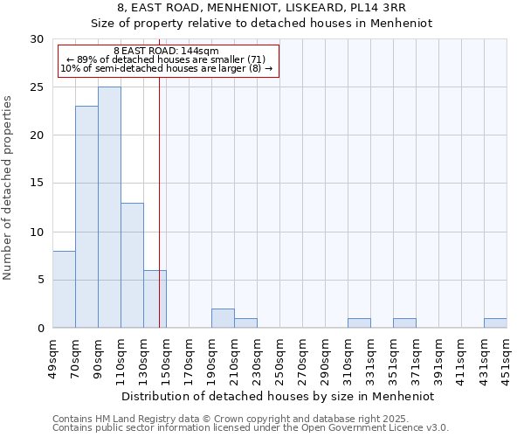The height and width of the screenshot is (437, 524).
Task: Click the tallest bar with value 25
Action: tap(109, 207)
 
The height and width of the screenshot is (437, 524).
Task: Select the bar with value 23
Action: tap(86, 217)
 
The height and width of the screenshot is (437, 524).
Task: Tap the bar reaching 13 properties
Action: tap(132, 265)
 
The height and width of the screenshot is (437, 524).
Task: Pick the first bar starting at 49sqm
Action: tap(64, 289)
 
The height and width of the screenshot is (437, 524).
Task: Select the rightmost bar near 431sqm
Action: tap(495, 323)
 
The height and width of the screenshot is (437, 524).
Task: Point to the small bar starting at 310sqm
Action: tap(359, 323)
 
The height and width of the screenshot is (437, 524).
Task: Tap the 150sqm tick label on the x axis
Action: tap(166, 359)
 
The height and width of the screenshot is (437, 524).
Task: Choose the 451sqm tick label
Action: tap(507, 359)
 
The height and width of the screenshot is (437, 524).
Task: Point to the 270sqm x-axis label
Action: tap(302, 359)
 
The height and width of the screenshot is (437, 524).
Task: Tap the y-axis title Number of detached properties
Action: tap(8, 188)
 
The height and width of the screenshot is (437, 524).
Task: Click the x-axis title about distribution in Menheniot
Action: tap(279, 396)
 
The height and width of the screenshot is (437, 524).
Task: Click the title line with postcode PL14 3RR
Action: tap(262, 8)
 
